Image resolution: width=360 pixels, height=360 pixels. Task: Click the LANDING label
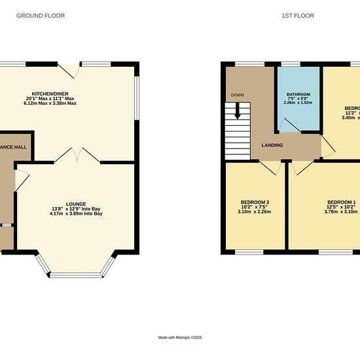pos(272,145)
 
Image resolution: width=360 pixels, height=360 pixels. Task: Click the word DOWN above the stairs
pos(237,95)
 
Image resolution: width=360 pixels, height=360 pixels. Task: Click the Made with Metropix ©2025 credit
pos(180,338)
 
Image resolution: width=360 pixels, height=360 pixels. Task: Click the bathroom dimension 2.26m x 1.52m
pos(298,103)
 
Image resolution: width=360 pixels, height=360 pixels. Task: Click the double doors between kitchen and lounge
pos(76,155)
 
